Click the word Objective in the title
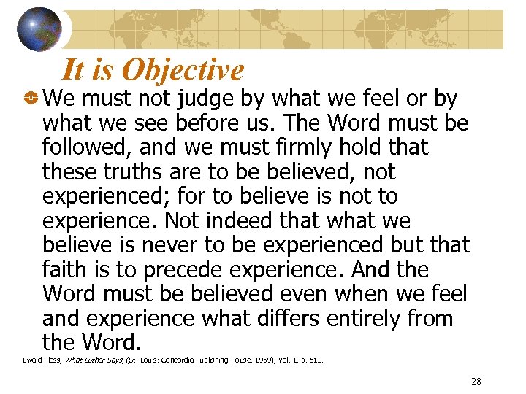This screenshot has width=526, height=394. (x=183, y=70)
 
